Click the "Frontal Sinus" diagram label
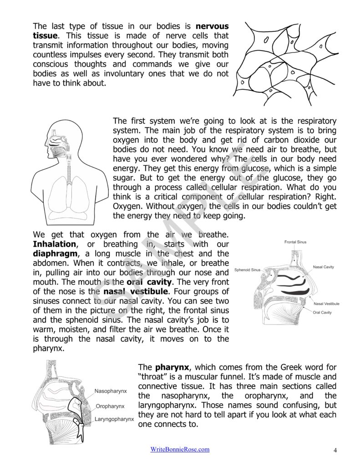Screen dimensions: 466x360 [x=295, y=242]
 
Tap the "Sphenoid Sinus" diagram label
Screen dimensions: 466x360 [x=247, y=270]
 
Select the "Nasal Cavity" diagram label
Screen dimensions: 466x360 [x=323, y=267]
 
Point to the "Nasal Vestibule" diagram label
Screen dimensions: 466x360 [x=326, y=304]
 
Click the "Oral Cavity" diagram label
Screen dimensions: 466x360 [x=322, y=313]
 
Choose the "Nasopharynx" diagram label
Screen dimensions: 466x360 [x=111, y=391]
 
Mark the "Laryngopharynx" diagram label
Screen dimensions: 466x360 [x=114, y=418]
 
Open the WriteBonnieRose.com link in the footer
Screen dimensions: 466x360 [x=180, y=449]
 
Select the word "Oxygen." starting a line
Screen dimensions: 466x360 [x=127, y=207]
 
